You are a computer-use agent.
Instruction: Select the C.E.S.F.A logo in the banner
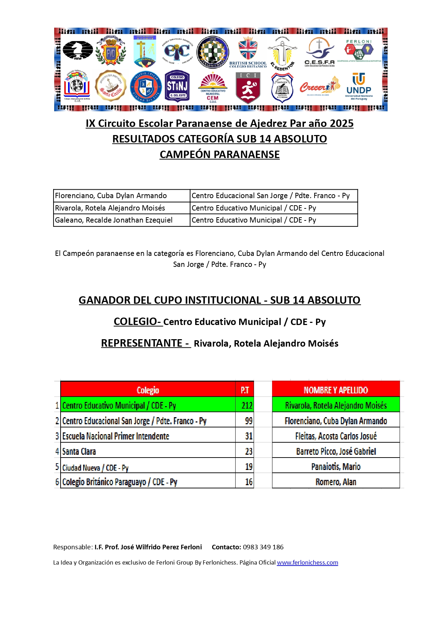(x=320, y=52)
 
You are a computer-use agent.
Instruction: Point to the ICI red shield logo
(x=248, y=88)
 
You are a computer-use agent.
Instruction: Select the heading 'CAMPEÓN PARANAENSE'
(x=220, y=155)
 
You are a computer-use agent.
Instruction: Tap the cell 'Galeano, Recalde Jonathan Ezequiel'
(x=114, y=220)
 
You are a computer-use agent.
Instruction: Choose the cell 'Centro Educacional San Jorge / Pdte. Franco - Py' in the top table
(x=271, y=196)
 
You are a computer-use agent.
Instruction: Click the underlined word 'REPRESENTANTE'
(x=142, y=343)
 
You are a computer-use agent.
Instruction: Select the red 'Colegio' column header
(x=148, y=390)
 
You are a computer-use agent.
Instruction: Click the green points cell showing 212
(x=247, y=405)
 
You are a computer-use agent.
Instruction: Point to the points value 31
(x=249, y=436)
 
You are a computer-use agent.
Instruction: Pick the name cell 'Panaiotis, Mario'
(x=335, y=466)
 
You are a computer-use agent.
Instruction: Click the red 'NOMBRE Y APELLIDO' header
(x=335, y=390)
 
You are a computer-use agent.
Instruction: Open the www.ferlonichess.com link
(x=307, y=562)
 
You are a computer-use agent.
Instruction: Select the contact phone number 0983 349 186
(x=263, y=547)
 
